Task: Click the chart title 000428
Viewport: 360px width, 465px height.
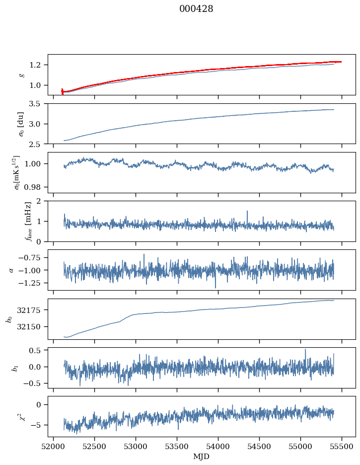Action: point(196,9)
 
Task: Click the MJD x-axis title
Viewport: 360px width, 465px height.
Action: point(202,456)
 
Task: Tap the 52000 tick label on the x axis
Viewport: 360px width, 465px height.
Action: point(54,446)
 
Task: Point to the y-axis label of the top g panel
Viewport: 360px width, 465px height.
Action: point(21,75)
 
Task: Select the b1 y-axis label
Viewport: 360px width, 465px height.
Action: point(15,368)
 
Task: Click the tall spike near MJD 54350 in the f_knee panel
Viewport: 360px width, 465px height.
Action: point(247,211)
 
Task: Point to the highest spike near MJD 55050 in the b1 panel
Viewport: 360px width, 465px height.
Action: point(305,349)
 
